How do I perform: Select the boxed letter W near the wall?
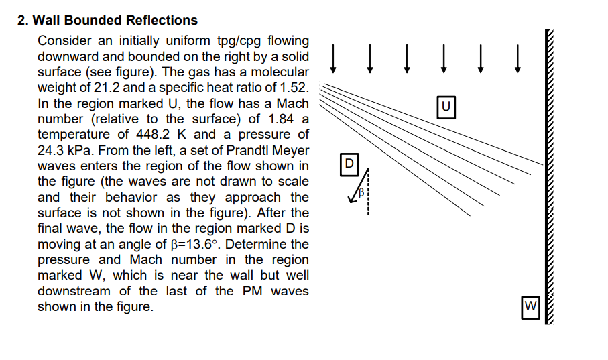pos(532,306)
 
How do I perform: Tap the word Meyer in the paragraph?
pos(292,150)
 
